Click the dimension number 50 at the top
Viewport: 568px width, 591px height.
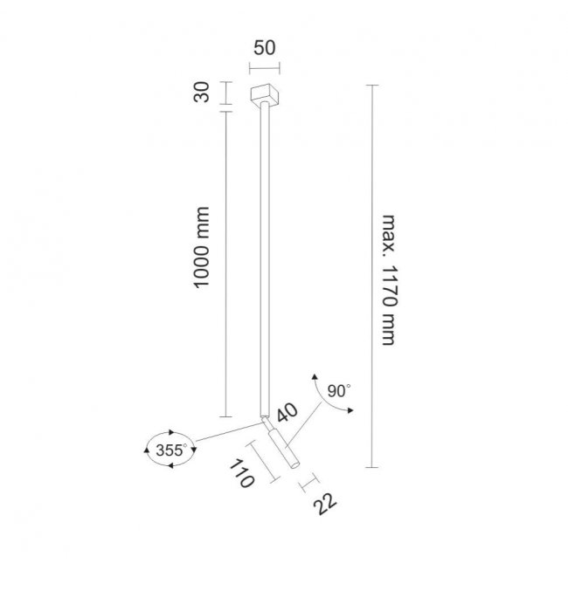click(x=264, y=48)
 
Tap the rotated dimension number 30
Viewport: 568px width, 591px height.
click(x=202, y=92)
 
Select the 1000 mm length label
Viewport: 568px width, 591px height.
click(x=201, y=247)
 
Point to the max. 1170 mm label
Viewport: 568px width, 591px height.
click(x=389, y=280)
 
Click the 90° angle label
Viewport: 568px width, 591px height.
click(x=339, y=391)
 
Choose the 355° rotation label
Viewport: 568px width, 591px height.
click(x=171, y=450)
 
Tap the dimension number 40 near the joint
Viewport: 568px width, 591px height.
click(x=287, y=412)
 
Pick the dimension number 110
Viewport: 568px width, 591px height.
click(x=241, y=473)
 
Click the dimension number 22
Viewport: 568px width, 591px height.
click(x=324, y=505)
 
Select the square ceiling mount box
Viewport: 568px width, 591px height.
click(x=265, y=95)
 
